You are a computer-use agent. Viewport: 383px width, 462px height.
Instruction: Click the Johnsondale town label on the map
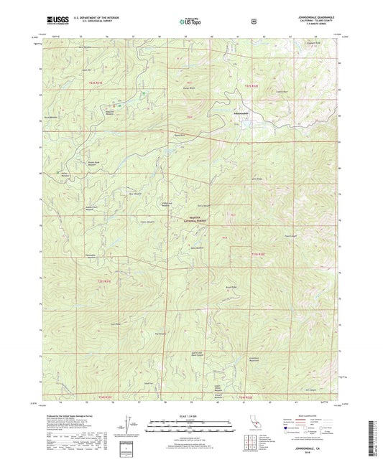(x=241, y=113)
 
